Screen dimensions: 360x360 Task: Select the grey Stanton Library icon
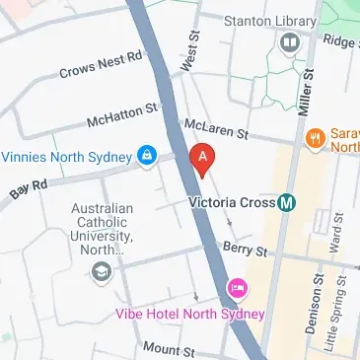click(x=289, y=41)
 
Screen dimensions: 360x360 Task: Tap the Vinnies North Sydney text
click(x=67, y=156)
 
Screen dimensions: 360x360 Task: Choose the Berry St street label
click(x=239, y=249)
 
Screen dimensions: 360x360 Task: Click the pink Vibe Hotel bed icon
click(x=237, y=289)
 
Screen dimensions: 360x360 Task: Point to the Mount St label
click(x=170, y=349)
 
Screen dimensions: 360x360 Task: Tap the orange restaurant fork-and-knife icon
click(x=316, y=138)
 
